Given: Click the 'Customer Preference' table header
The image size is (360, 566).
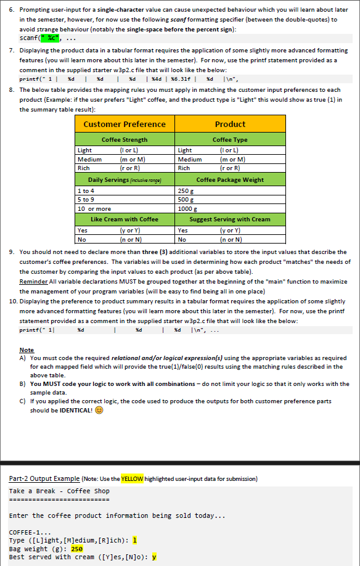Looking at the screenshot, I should pyautogui.click(x=124, y=125).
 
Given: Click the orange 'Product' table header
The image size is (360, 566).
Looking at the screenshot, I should pyautogui.click(x=230, y=125).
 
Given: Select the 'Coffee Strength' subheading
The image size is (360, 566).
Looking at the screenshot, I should pyautogui.click(x=124, y=140).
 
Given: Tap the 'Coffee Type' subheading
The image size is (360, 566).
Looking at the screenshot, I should pyautogui.click(x=230, y=140).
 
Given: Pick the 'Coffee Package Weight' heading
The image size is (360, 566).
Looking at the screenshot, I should pyautogui.click(x=230, y=180).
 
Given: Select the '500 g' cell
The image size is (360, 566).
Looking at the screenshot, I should pyautogui.click(x=184, y=200).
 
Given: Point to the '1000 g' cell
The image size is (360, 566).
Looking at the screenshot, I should pyautogui.click(x=186, y=208).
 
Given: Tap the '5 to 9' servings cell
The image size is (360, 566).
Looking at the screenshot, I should pyautogui.click(x=86, y=200).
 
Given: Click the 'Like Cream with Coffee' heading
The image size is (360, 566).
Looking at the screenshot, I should pyautogui.click(x=124, y=219).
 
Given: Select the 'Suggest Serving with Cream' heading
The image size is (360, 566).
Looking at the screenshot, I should pyautogui.click(x=230, y=219).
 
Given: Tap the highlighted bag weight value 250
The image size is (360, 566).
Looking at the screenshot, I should pyautogui.click(x=77, y=548).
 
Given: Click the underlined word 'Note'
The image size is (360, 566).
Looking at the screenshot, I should pyautogui.click(x=27, y=350).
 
